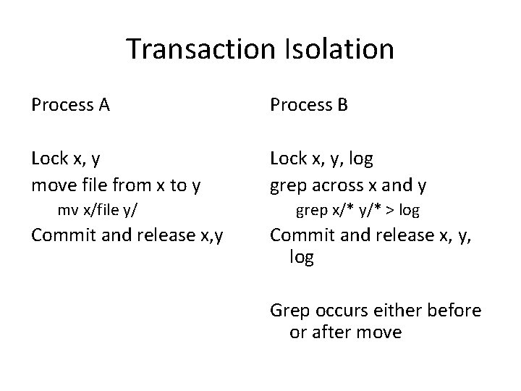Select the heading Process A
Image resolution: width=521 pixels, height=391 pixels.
pyautogui.click(x=70, y=106)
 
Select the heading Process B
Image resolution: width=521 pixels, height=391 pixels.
pyautogui.click(x=309, y=106)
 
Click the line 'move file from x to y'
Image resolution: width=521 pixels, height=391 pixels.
pyautogui.click(x=117, y=185)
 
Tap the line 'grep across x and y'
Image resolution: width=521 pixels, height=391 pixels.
pyautogui.click(x=348, y=185)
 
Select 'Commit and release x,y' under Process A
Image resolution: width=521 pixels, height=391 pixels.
pyautogui.click(x=127, y=235)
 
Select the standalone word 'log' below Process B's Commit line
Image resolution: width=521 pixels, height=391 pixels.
pyautogui.click(x=302, y=258)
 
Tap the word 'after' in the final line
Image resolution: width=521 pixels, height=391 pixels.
pyautogui.click(x=331, y=332)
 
